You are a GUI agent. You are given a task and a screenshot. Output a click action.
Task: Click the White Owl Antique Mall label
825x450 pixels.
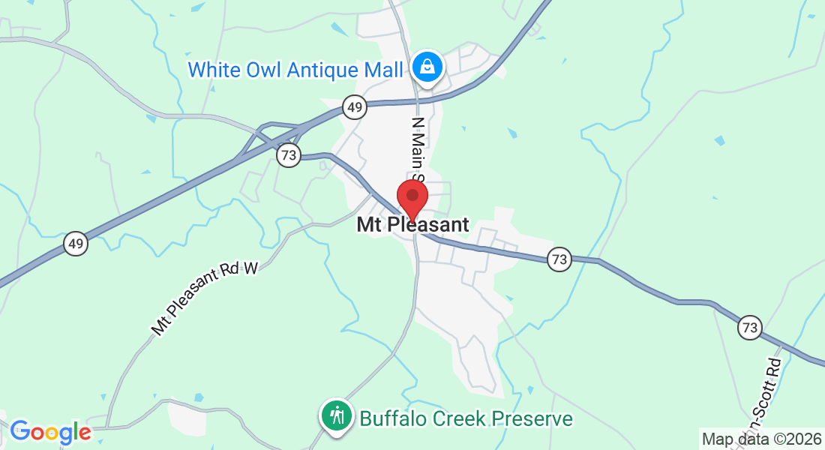[x=295, y=70]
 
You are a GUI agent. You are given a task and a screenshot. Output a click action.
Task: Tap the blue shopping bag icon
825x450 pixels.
[x=427, y=66]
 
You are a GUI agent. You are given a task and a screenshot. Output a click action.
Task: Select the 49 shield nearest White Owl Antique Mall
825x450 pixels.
[x=355, y=107]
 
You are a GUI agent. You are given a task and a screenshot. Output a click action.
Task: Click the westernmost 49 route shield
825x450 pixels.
[x=75, y=243]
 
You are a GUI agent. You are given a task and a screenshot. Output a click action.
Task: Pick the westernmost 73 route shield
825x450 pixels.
[x=289, y=155]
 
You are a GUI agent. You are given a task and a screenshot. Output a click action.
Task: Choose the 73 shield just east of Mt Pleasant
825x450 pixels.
[x=559, y=259]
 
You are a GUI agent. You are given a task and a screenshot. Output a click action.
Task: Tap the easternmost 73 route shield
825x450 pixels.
[x=749, y=327]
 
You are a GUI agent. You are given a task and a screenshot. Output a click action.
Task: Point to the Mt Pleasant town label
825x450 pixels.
[x=412, y=224]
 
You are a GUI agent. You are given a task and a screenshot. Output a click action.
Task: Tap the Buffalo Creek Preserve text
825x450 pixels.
[x=466, y=418]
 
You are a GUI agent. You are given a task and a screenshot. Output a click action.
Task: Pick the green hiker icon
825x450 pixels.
[x=337, y=415]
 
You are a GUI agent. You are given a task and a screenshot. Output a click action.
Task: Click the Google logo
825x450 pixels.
[x=51, y=432]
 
